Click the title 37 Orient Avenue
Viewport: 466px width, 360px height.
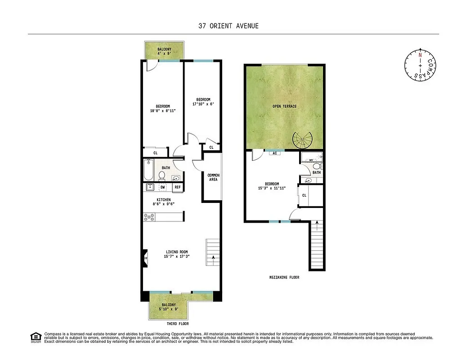click(229, 26)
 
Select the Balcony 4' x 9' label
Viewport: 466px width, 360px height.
click(164, 51)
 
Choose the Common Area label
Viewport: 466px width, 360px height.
click(213, 177)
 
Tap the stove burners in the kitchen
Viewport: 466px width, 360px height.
click(149, 217)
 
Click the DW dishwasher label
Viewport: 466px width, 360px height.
click(162, 187)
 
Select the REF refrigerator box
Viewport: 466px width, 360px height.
click(177, 187)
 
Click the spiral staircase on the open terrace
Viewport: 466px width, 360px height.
click(302, 140)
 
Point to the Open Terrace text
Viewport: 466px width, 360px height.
click(284, 106)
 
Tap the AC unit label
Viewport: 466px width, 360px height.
click(274, 153)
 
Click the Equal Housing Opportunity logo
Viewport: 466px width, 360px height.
click(35, 337)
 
